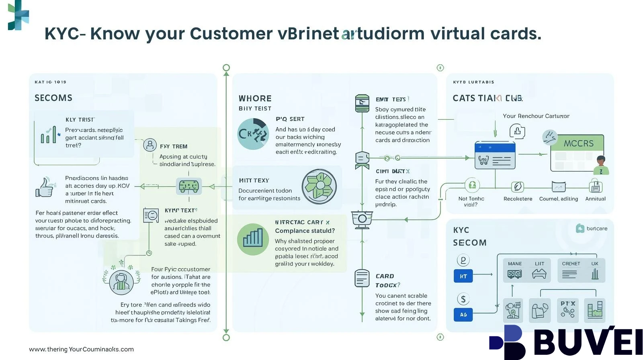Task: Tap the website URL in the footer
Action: point(81,349)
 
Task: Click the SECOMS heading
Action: point(53,98)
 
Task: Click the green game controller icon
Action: point(188,186)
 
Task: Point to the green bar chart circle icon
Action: point(253,239)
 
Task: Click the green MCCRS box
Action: point(578,143)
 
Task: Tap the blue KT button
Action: point(463,276)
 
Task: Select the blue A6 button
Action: point(463,315)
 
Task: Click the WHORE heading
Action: point(255,98)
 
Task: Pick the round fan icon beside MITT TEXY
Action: point(319,186)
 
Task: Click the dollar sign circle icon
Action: point(463,299)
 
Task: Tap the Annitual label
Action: point(595,198)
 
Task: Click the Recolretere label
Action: point(518,198)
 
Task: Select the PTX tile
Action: point(567,310)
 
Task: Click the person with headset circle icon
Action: point(121,282)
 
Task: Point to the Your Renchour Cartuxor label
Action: point(536,116)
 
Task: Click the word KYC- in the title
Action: point(65,34)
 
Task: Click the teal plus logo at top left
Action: point(18,15)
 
